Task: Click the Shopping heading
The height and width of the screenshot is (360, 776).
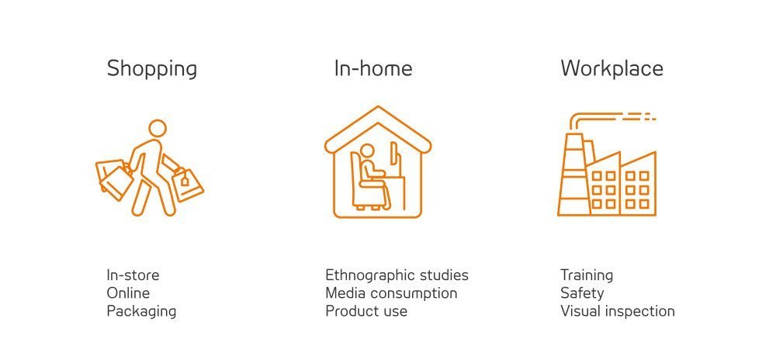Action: click(152, 69)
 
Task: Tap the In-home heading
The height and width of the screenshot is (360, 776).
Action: click(373, 68)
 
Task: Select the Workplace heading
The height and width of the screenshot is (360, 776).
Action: click(611, 69)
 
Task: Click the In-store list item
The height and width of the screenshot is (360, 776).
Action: click(133, 275)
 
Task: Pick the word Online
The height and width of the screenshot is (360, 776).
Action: click(128, 293)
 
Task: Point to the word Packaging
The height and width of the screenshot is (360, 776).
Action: click(141, 312)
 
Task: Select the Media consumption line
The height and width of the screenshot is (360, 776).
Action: click(391, 293)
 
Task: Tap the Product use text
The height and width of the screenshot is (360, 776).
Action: click(366, 312)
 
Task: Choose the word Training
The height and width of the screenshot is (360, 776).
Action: click(587, 275)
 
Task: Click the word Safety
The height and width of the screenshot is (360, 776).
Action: click(582, 293)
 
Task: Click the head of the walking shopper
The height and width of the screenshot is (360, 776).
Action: click(158, 128)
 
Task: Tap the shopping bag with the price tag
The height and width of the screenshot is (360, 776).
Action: click(187, 184)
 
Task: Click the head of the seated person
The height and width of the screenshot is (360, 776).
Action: click(367, 151)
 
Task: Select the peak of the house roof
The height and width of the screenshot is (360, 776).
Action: click(378, 107)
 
